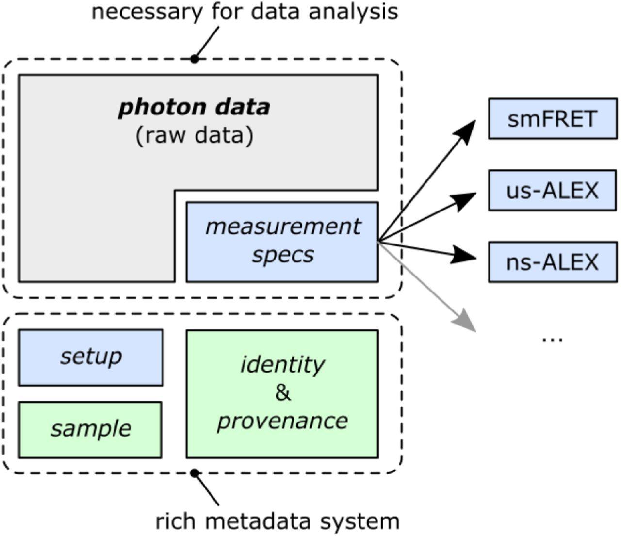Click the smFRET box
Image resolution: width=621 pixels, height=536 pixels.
552,119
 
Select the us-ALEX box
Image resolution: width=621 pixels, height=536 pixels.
552,190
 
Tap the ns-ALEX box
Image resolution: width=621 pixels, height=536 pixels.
552,262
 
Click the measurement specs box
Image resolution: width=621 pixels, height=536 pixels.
282,242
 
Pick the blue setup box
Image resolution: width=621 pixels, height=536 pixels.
91,357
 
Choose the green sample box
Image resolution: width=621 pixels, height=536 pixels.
90,429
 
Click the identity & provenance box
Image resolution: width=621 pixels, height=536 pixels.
282,393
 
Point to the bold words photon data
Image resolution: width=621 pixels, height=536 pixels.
194,107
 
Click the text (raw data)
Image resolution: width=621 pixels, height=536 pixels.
194,136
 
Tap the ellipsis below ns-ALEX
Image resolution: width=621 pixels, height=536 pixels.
552,338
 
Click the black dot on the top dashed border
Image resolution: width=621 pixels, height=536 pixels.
195,59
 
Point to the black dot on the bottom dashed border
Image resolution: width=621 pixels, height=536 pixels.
195,472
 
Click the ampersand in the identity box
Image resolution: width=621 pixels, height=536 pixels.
282,393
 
